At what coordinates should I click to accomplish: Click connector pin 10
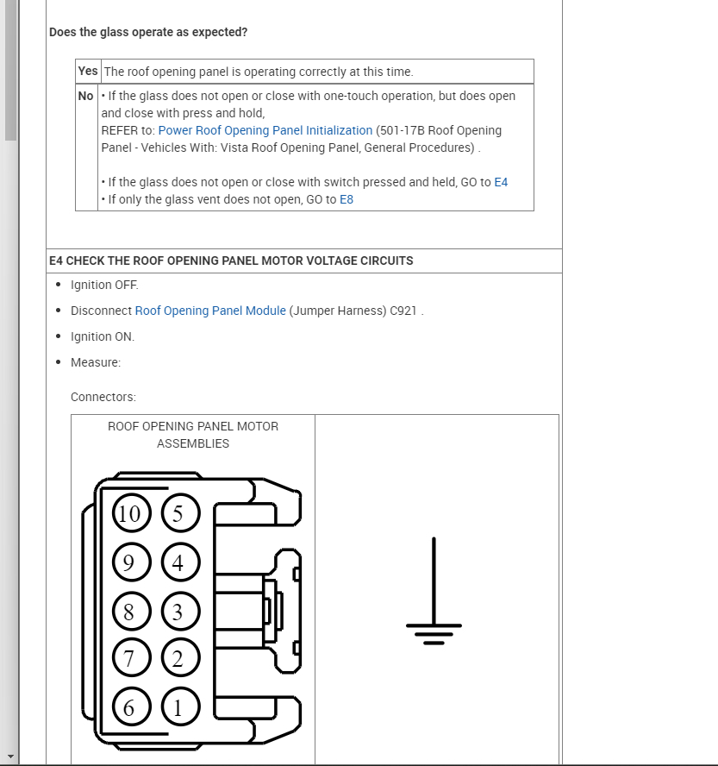tap(129, 514)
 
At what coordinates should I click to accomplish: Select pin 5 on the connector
tap(178, 514)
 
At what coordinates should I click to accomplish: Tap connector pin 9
tap(129, 563)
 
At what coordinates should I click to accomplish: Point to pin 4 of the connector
tap(178, 563)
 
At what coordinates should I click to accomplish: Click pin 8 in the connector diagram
tap(129, 612)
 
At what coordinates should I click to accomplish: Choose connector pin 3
tap(178, 612)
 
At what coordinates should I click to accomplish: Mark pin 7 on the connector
tap(129, 659)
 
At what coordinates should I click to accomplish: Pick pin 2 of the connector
tap(178, 659)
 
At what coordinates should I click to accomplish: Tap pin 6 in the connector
tap(129, 708)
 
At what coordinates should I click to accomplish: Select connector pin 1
tap(178, 708)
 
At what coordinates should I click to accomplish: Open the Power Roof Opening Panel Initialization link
tap(265, 130)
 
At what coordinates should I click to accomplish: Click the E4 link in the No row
tap(501, 182)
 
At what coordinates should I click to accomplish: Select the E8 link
tap(347, 199)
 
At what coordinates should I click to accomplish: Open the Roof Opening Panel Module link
tap(210, 311)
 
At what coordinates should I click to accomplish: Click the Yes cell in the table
tap(88, 72)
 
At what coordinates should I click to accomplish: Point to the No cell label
tap(86, 96)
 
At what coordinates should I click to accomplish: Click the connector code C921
tap(403, 311)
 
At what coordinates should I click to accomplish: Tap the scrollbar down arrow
tap(10, 757)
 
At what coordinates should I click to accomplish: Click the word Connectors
tap(103, 397)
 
